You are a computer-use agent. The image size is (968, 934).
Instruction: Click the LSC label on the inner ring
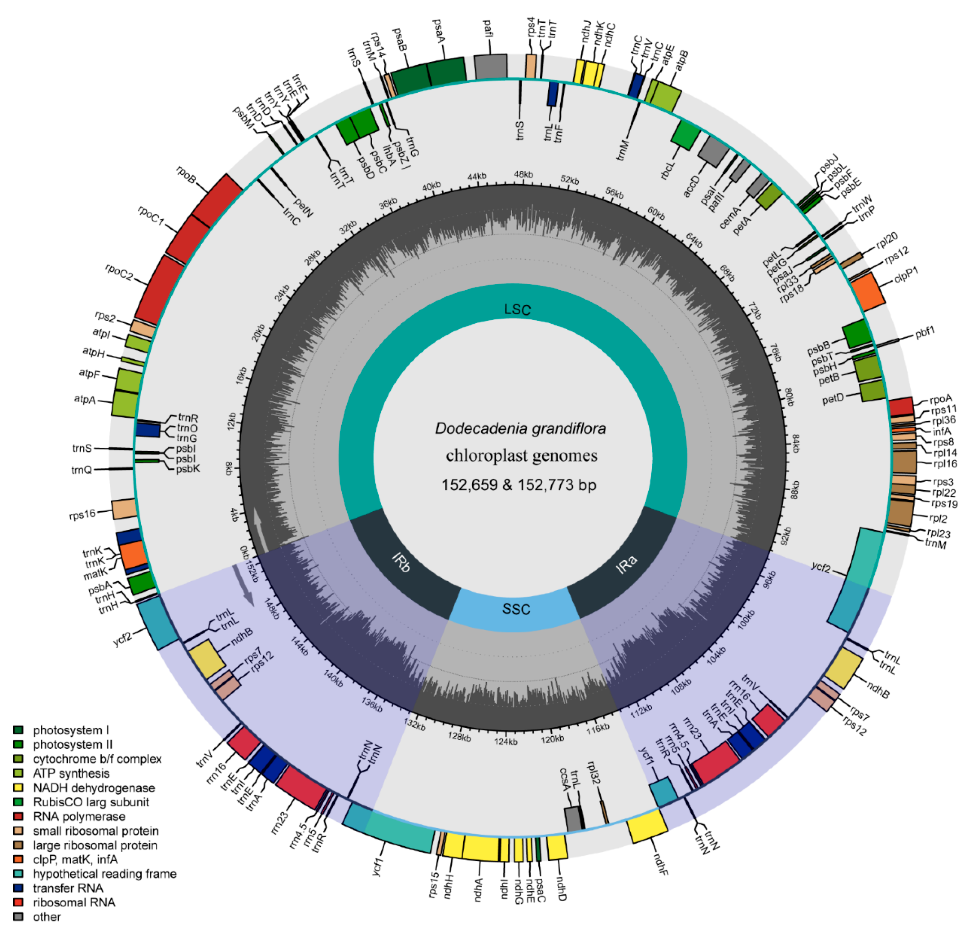point(517,310)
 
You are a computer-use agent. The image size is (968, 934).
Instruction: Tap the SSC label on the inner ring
point(516,609)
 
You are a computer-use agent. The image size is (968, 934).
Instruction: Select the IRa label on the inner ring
point(626,565)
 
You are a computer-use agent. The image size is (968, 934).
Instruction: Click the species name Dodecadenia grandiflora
point(520,428)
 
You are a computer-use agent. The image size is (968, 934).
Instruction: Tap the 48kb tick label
point(524,174)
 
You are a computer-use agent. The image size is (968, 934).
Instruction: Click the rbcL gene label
point(667,170)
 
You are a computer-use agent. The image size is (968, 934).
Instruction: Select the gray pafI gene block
point(490,66)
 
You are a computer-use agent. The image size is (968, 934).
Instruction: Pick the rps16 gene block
point(124,509)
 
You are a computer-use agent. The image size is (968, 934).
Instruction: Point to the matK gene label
point(95,574)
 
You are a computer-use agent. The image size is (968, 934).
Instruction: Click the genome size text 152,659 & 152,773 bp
point(518,485)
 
